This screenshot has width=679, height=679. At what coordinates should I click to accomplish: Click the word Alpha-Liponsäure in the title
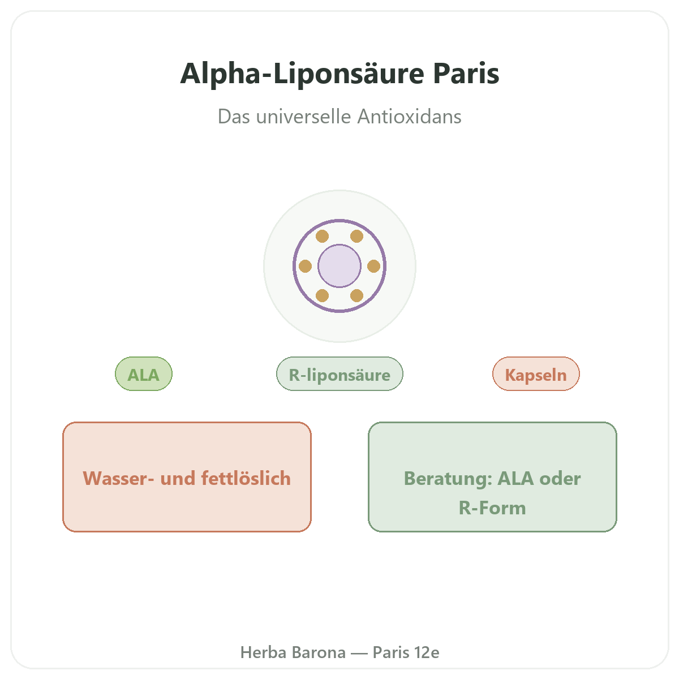point(302,74)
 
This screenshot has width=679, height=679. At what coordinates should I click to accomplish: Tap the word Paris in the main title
point(466,74)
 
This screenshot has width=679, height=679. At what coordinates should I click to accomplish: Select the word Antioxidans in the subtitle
point(409,117)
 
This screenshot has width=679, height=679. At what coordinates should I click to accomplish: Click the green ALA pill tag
point(143,373)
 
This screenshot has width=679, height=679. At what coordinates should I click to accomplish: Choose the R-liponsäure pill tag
point(339,373)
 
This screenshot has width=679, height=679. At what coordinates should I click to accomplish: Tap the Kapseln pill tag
point(536,373)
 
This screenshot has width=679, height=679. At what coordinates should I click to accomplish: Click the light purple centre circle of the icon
point(339,266)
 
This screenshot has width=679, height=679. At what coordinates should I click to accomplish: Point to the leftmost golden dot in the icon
point(305,266)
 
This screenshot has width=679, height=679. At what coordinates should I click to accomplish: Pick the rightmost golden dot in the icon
point(373,266)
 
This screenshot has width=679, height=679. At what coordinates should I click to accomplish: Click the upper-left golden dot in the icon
point(322,236)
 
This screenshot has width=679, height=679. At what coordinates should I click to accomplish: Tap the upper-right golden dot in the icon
point(356,236)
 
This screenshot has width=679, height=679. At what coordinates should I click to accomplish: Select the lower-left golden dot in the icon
point(322,295)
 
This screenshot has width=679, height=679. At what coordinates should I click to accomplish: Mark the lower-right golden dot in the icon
point(356,295)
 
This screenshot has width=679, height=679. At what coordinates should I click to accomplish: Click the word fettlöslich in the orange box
point(246,478)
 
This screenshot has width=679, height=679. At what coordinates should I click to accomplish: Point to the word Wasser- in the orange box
point(118,478)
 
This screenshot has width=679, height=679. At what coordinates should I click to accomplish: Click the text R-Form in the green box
point(492,508)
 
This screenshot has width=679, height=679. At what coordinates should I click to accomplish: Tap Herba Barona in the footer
point(293,652)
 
